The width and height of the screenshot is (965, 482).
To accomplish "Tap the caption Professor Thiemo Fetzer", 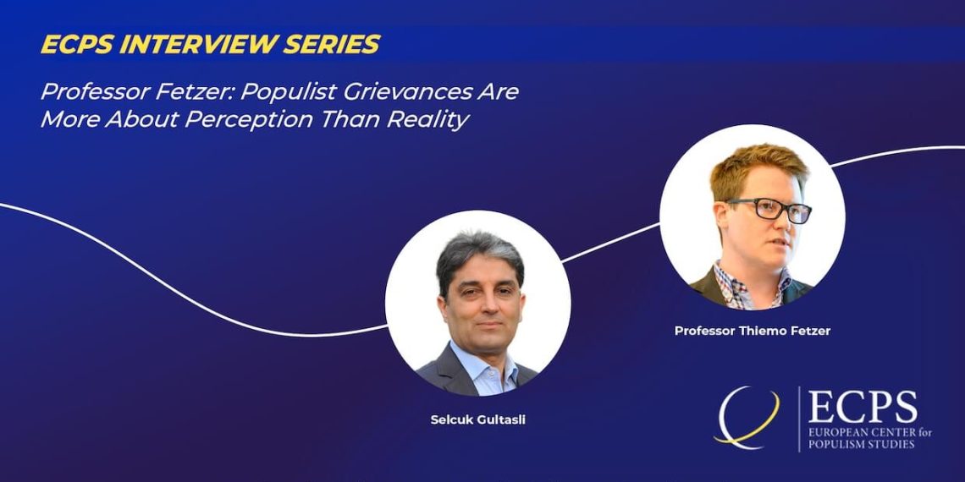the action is click(x=752, y=331).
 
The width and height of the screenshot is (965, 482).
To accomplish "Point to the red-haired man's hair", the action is click(x=758, y=169).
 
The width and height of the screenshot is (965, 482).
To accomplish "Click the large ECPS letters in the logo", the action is click(x=863, y=407).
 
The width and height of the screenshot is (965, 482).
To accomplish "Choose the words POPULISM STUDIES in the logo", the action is click(x=861, y=444).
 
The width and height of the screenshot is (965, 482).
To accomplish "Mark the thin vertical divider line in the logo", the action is click(x=799, y=419).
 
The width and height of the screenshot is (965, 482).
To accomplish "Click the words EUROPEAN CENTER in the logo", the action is click(x=862, y=432).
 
